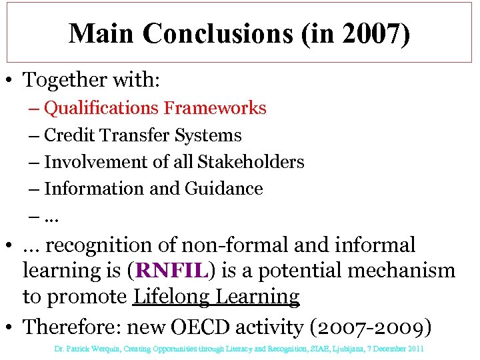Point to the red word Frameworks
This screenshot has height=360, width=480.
click(215, 108)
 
